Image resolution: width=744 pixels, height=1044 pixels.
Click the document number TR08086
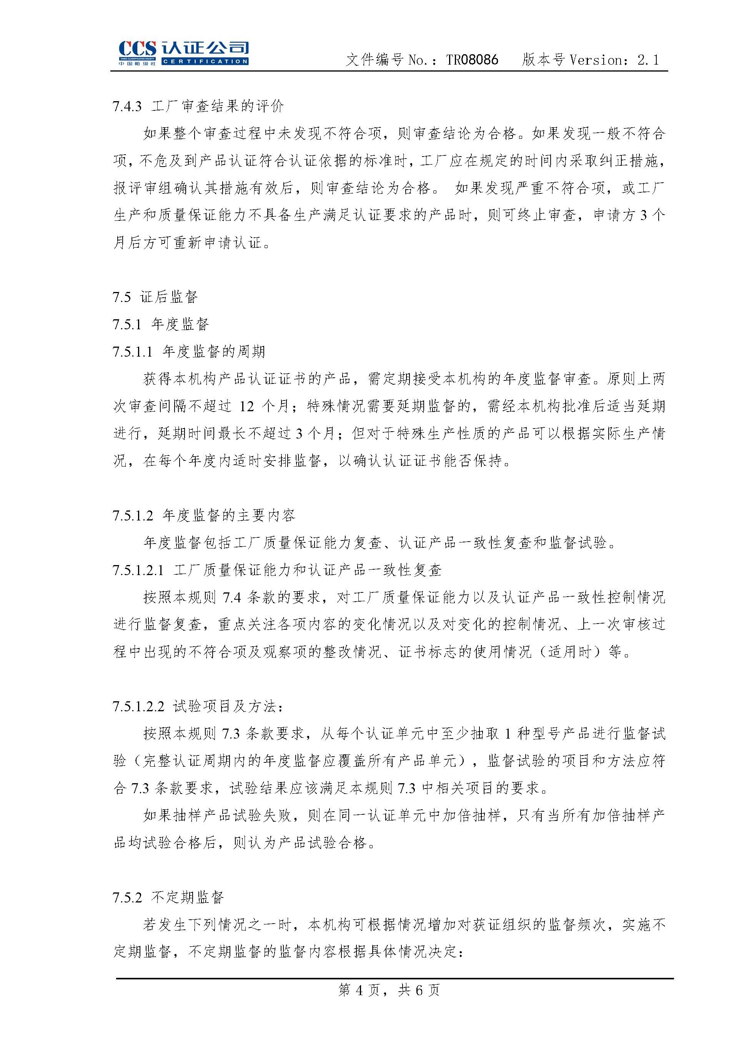point(472,60)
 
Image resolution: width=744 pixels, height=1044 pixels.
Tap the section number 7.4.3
point(126,106)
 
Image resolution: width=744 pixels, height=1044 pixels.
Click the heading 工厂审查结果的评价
point(218,106)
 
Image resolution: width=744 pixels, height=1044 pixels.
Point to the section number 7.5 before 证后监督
point(122,297)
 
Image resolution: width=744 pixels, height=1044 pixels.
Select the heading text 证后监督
point(169,297)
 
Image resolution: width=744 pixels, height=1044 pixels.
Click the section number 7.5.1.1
point(132,352)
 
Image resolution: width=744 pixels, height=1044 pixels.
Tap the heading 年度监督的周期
point(214,352)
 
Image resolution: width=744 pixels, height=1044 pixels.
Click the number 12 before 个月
point(246,406)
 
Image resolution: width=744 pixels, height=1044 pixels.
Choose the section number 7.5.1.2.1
point(138,570)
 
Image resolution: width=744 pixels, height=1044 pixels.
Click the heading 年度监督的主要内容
point(229,515)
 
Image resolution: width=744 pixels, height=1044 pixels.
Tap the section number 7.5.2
point(126,897)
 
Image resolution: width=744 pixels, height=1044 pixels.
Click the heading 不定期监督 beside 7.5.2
point(187,897)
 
